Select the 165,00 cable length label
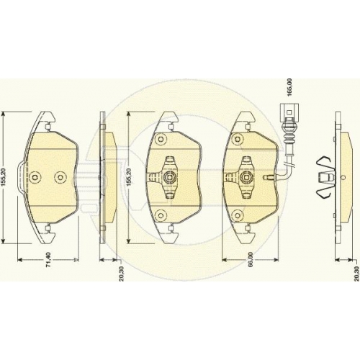click(289, 87)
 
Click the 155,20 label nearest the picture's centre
click(129, 177)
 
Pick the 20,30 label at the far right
click(357, 274)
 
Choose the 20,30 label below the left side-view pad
click(121, 274)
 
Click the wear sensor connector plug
click(289, 111)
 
